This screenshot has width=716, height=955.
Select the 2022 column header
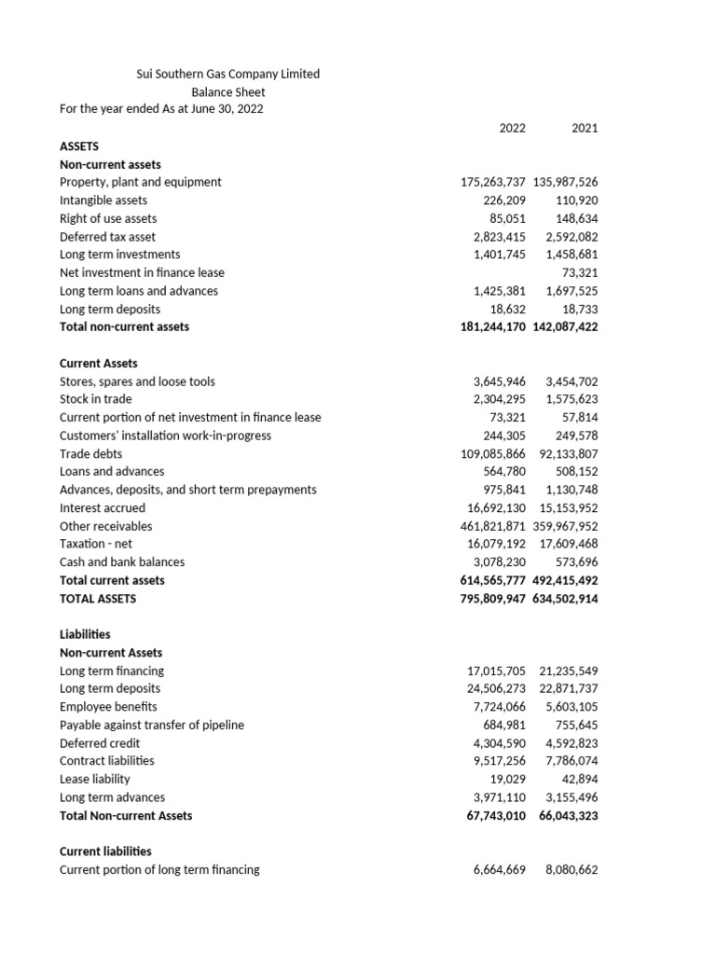512,128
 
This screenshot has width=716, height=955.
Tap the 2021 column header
585,128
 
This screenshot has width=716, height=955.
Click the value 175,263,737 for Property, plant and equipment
494,182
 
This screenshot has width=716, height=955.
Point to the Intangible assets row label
103,200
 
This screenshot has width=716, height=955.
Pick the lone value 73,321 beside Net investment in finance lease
579,272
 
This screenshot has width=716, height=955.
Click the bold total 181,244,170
494,326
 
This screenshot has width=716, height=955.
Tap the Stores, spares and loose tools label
137,381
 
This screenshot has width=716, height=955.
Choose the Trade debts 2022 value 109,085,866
494,453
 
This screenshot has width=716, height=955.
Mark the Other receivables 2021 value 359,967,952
568,526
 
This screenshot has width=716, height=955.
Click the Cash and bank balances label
122,561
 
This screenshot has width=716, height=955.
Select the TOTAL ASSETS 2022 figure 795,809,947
494,598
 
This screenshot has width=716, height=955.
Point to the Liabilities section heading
85,634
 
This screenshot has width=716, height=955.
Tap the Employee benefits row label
108,706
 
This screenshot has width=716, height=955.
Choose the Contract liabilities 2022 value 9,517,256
501,760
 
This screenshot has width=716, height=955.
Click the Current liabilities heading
105,851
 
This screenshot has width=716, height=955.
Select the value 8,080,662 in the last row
571,869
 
